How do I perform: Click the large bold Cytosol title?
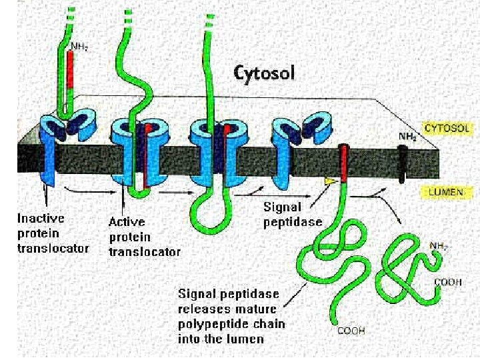coord(263,72)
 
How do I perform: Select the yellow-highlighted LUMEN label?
coord(442,192)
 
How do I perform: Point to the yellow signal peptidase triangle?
coord(329,181)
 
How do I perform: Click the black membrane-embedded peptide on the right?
coord(403,163)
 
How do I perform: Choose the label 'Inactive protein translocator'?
coord(53,233)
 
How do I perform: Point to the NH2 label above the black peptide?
coord(407,136)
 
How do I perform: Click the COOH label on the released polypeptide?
coord(448,283)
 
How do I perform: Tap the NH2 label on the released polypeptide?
coord(438,246)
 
